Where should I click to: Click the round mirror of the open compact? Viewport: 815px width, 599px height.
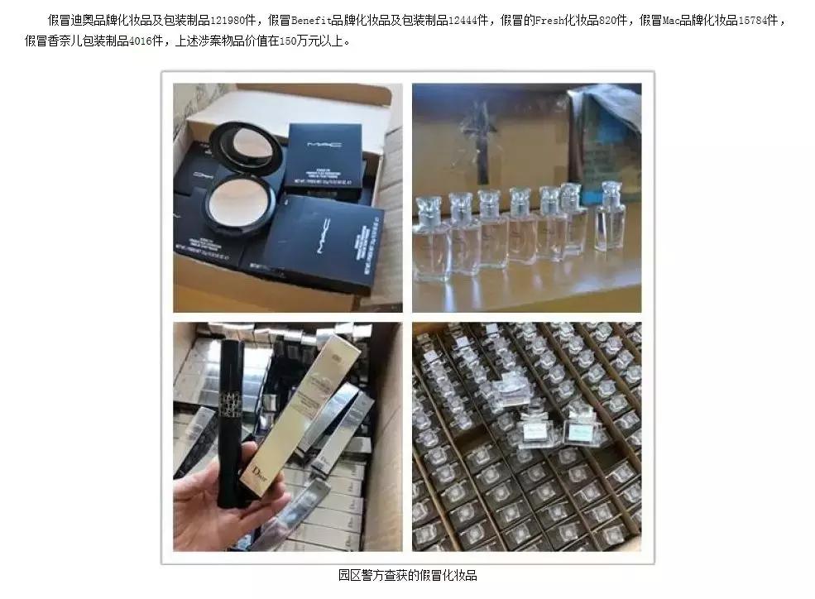click(x=241, y=146)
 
